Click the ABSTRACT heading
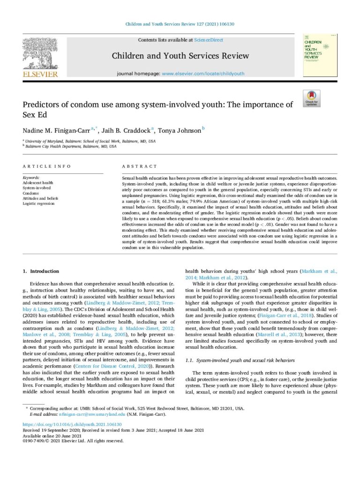(140, 166)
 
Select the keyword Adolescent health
(38, 183)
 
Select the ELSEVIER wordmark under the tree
(40, 74)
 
